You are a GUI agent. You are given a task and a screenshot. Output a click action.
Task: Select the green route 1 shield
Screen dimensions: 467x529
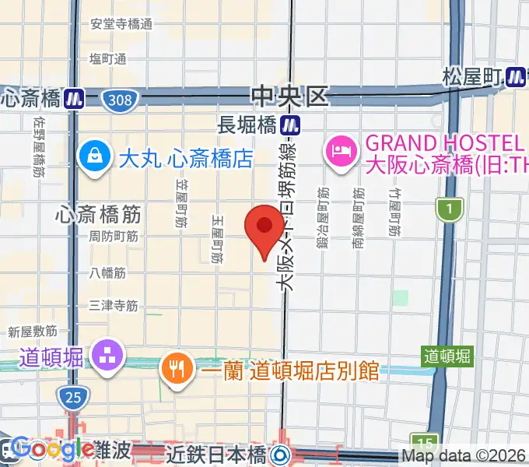(x=450, y=208)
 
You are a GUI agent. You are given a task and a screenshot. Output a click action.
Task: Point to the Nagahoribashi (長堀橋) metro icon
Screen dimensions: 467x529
(x=291, y=123)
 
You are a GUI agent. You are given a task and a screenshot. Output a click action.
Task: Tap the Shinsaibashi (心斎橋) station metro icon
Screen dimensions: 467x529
(x=74, y=99)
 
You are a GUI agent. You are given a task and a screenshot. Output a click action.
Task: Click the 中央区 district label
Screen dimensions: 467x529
(x=290, y=97)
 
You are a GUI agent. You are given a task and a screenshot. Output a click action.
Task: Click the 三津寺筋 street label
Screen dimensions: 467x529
(x=114, y=306)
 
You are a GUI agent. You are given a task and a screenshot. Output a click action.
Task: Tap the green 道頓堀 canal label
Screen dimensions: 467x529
(x=447, y=356)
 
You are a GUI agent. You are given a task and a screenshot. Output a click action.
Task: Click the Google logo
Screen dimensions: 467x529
(x=51, y=448)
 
